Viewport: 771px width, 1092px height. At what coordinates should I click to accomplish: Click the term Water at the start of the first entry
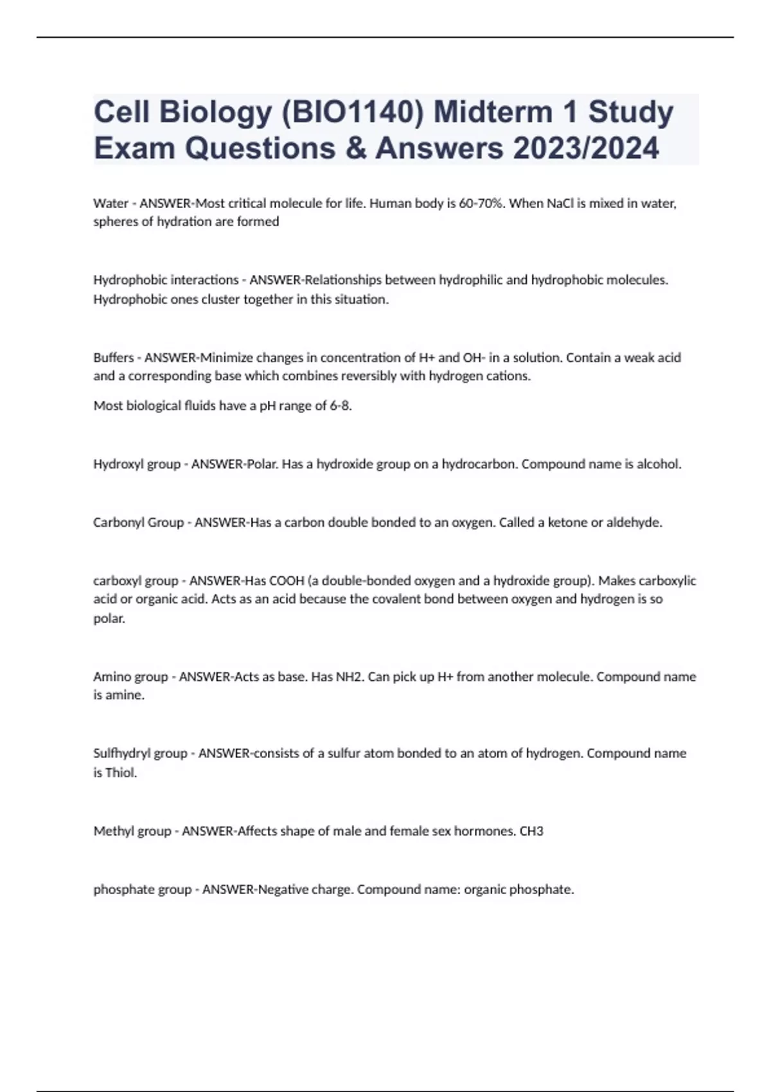[x=111, y=204]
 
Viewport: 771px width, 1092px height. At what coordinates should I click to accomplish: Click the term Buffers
[x=114, y=358]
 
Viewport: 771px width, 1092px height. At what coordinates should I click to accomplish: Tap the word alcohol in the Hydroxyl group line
[x=658, y=464]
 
